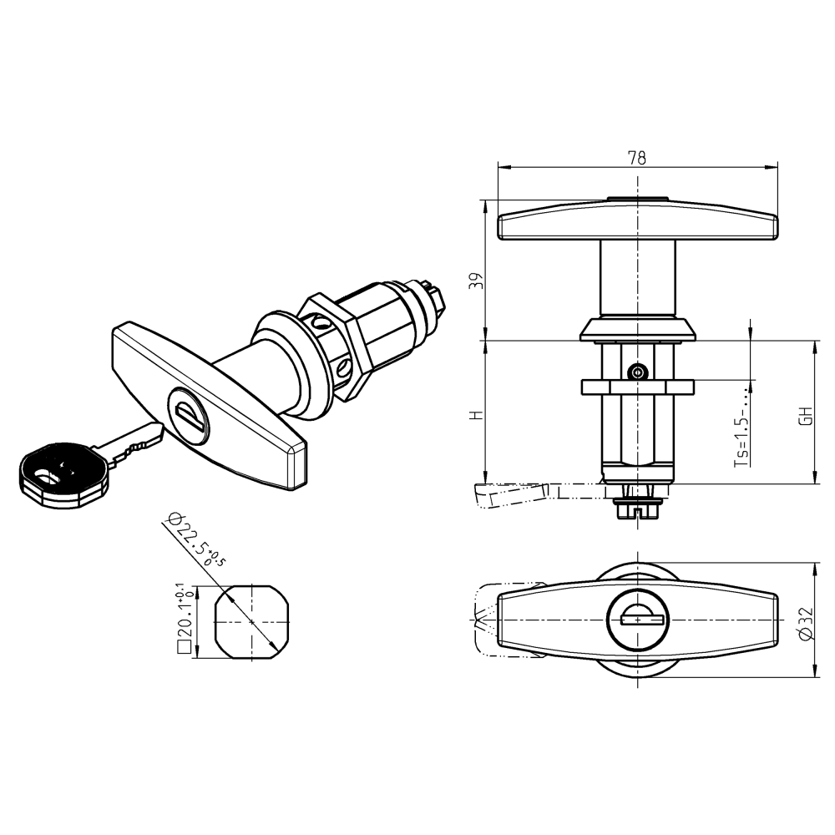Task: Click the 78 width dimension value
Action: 637,158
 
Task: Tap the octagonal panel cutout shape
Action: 251,622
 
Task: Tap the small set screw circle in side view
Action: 638,372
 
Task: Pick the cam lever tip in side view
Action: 488,496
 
